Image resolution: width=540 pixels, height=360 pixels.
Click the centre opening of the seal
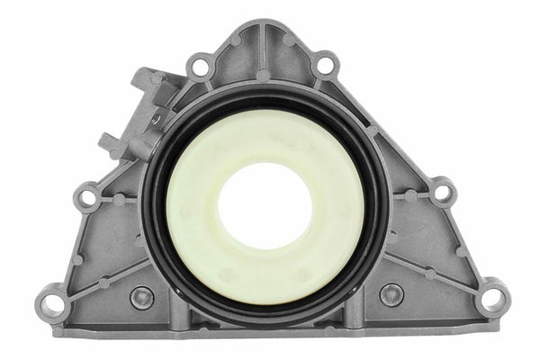click(x=265, y=205)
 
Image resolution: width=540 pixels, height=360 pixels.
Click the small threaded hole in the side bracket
click(x=156, y=117)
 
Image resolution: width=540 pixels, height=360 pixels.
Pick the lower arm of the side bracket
click(x=113, y=141)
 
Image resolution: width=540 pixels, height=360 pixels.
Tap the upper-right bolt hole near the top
click(x=327, y=65)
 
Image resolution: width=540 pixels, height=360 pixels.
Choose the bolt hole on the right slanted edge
click(x=443, y=192)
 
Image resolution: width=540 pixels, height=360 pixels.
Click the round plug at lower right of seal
click(x=391, y=293)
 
